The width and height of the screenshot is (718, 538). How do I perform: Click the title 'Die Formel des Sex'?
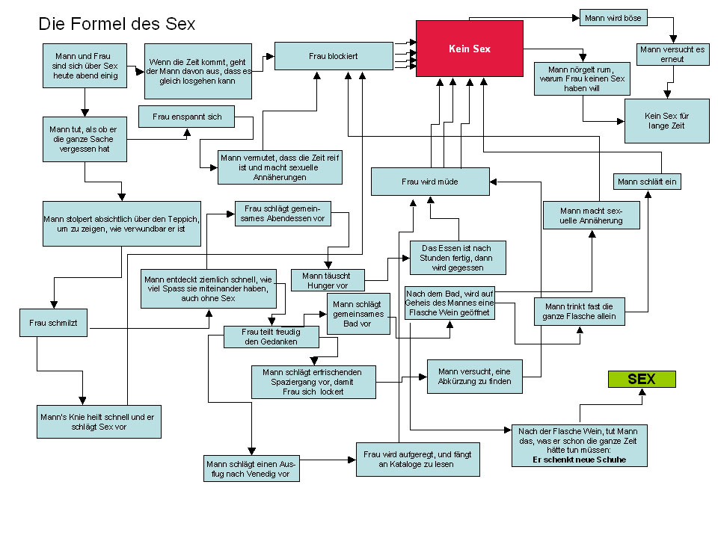(117, 24)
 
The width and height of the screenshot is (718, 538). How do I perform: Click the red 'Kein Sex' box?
(470, 48)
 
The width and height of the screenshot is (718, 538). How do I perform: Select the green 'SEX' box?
(641, 379)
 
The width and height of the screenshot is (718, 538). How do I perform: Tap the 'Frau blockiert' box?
(334, 56)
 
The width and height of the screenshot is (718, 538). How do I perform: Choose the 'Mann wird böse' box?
(613, 16)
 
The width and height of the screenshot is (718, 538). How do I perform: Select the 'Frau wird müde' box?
(430, 182)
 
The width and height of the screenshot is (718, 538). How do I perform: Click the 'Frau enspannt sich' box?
(187, 117)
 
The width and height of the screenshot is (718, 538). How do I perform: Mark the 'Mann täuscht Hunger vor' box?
(328, 280)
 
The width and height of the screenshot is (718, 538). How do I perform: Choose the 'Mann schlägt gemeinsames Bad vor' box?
(359, 313)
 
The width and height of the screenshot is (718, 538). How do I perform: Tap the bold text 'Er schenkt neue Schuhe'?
(580, 460)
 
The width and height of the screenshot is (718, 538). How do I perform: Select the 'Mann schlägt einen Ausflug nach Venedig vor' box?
(251, 469)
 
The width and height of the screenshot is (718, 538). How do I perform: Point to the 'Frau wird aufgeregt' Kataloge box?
(417, 459)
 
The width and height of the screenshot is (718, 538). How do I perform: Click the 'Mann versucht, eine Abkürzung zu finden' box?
(474, 376)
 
